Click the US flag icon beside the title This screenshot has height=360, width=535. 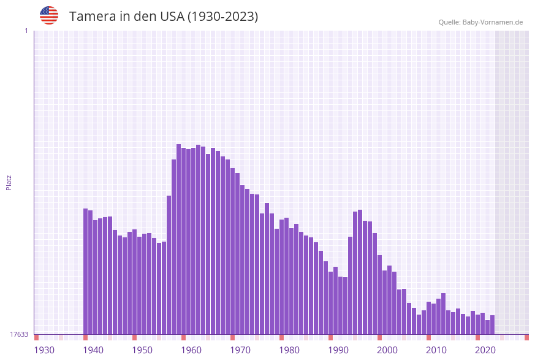point(49,15)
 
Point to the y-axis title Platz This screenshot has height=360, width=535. point(9,182)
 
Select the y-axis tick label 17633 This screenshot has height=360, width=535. point(19,334)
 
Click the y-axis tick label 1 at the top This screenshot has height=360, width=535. point(26,31)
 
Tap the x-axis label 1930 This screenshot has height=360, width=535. point(44,350)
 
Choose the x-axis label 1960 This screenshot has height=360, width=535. point(191,350)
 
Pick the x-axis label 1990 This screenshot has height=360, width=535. point(338,350)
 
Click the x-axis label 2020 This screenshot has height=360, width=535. point(485,350)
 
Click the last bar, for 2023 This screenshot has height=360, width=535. point(492,324)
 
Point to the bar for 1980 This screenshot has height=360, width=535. point(282,277)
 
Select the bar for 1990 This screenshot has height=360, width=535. point(331,303)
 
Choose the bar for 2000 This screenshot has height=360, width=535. point(380,294)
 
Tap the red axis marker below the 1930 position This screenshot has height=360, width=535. point(37,337)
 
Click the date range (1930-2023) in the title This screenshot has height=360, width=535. point(222,17)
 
